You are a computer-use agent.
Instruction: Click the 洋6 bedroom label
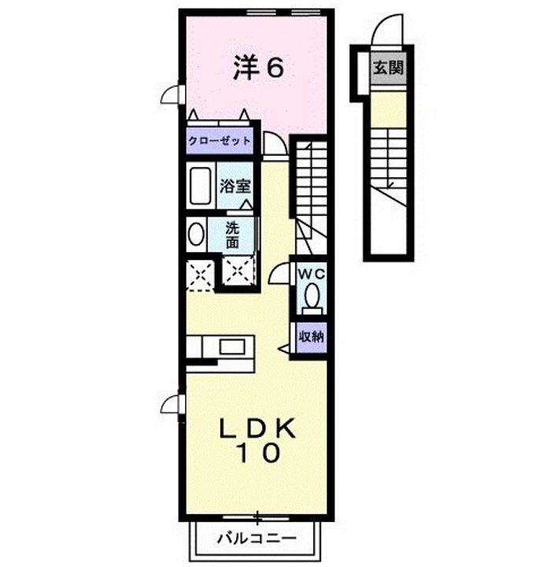pyautogui.click(x=257, y=68)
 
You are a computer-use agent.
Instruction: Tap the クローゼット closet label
pyautogui.click(x=220, y=141)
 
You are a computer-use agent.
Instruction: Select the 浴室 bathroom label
pyautogui.click(x=235, y=187)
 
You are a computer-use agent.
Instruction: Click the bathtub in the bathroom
pyautogui.click(x=200, y=185)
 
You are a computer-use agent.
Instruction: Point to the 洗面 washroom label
pyautogui.click(x=232, y=235)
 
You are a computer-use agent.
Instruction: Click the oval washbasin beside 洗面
pyautogui.click(x=196, y=235)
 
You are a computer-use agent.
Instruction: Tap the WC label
pyautogui.click(x=312, y=275)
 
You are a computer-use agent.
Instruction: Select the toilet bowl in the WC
pyautogui.click(x=312, y=296)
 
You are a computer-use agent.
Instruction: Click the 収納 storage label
pyautogui.click(x=312, y=337)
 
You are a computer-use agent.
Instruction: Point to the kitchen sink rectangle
pyautogui.click(x=232, y=347)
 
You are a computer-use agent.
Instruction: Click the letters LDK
pyautogui.click(x=257, y=429)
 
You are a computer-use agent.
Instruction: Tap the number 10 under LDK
pyautogui.click(x=258, y=453)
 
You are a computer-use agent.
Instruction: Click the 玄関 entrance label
pyautogui.click(x=388, y=68)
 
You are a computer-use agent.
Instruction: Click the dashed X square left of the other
pyautogui.click(x=200, y=276)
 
